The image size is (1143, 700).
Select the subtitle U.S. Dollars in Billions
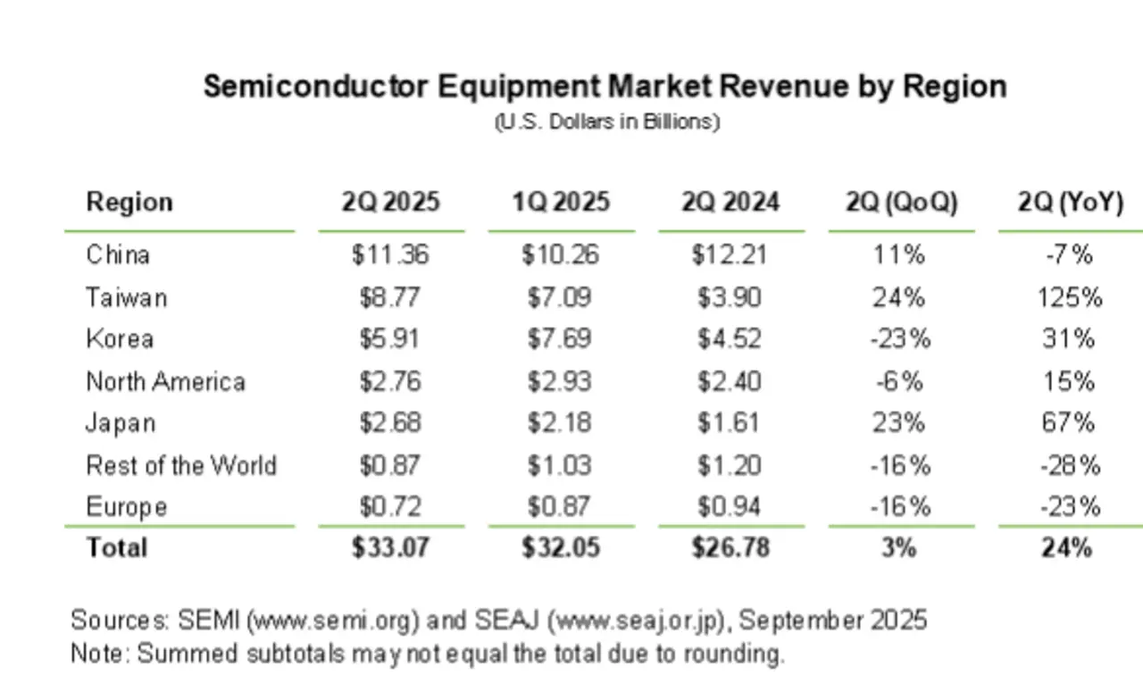(x=606, y=121)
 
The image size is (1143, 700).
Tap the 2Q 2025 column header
(x=390, y=202)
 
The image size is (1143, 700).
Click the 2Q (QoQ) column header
(x=901, y=202)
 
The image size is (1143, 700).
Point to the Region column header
(x=129, y=202)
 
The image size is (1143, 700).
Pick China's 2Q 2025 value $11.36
(x=390, y=255)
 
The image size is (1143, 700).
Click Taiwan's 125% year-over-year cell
(x=1070, y=296)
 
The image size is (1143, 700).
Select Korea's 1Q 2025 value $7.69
(x=560, y=339)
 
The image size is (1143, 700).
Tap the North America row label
(x=165, y=382)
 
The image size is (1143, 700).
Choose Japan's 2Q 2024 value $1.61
(x=730, y=422)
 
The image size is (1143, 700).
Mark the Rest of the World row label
(x=181, y=465)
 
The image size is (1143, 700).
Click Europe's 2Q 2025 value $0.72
(x=390, y=507)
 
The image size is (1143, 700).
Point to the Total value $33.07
(x=390, y=546)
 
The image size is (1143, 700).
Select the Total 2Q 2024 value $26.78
(x=730, y=546)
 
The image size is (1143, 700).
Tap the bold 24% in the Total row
(x=1066, y=546)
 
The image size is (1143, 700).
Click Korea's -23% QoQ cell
(x=900, y=339)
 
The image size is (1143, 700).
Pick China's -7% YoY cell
(x=1068, y=255)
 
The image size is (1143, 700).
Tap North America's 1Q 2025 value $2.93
(x=560, y=382)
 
